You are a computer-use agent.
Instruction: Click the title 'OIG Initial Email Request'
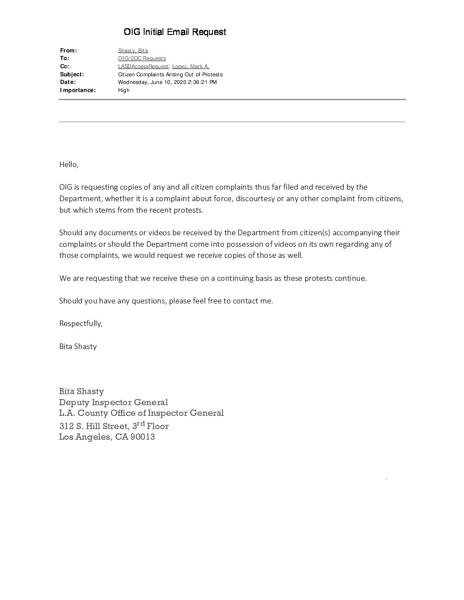coord(175,32)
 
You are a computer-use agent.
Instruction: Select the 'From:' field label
coord(69,51)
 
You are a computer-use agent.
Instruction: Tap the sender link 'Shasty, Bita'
coord(133,51)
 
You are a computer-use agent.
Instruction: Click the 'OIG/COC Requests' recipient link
coord(142,58)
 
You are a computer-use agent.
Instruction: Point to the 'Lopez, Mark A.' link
coord(191,66)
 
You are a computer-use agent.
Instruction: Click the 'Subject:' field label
coord(72,75)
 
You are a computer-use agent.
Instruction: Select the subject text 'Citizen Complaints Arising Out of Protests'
coord(170,75)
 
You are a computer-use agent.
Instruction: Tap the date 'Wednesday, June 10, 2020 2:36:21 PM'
coord(167,82)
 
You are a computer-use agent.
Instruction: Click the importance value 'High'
coord(124,90)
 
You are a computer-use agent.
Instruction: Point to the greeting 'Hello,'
coord(69,165)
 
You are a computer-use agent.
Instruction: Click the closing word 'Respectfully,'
coord(81,323)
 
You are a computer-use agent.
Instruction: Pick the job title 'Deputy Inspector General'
coord(113,402)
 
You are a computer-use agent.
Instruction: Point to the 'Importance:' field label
coord(78,90)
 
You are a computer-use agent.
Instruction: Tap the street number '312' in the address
coord(66,426)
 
